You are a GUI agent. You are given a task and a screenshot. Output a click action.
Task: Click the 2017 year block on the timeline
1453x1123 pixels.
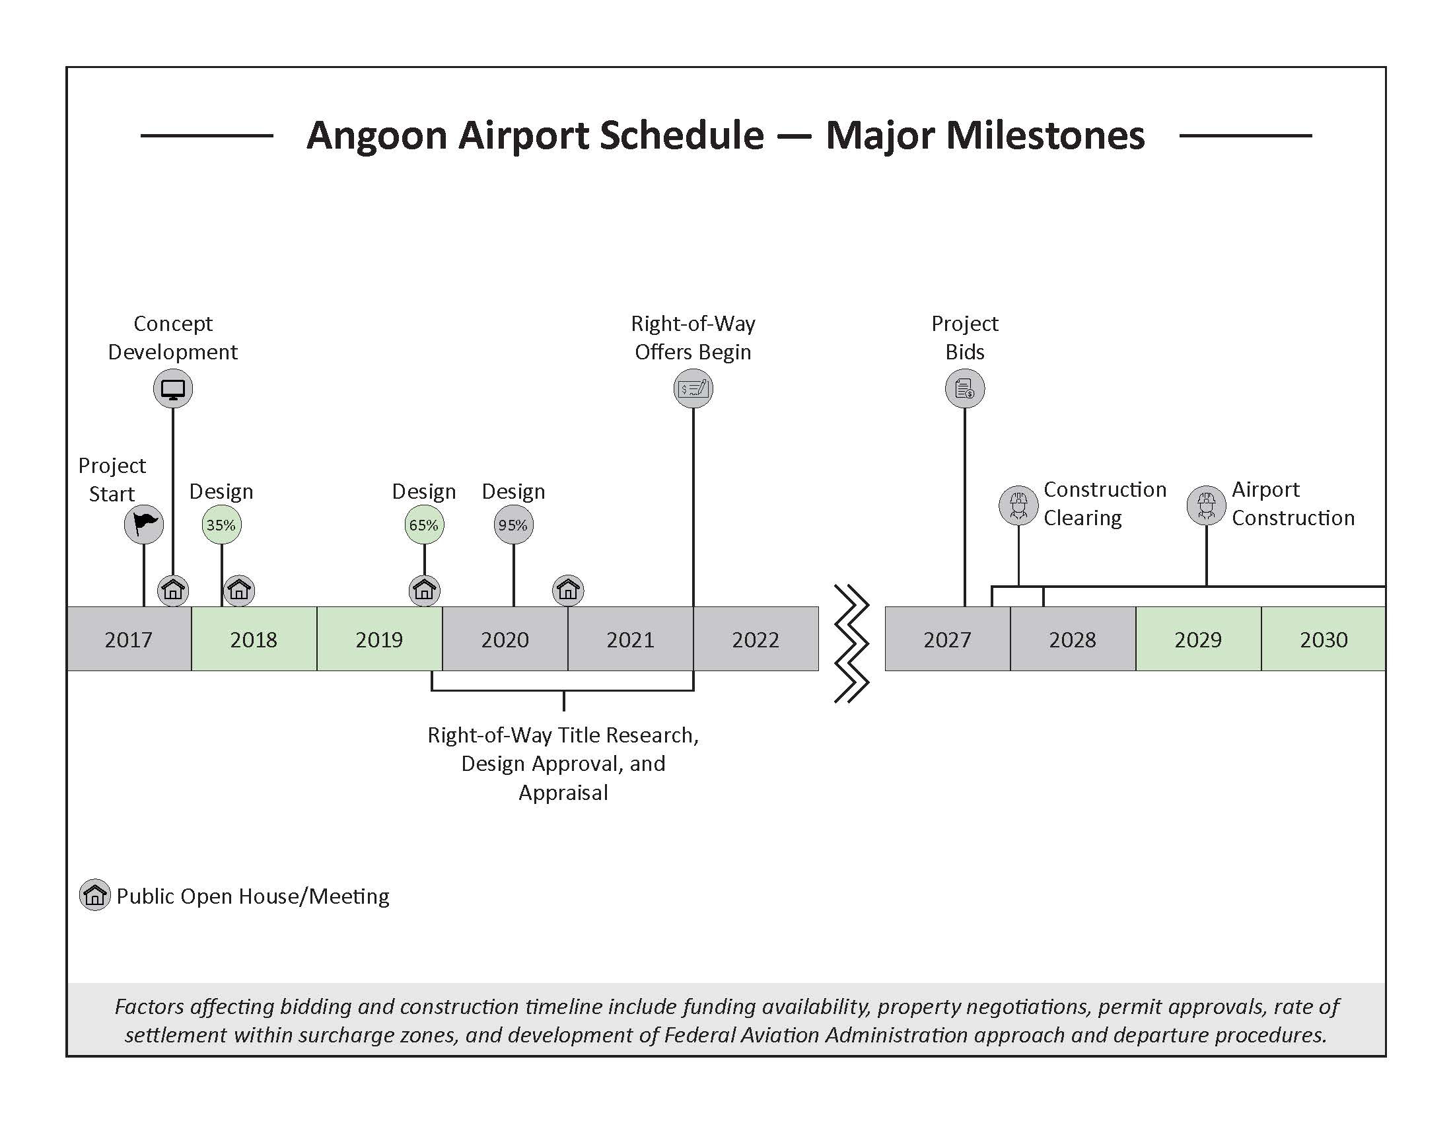pos(128,639)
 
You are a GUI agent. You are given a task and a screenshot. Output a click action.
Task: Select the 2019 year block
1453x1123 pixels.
pos(379,639)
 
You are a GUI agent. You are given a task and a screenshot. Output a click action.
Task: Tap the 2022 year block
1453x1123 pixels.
pos(755,639)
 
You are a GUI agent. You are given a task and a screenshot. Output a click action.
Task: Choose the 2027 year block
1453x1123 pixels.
pos(946,639)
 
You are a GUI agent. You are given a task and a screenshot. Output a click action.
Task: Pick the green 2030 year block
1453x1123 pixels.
pos(1324,639)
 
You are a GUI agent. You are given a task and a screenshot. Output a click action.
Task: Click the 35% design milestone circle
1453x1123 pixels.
pos(221,525)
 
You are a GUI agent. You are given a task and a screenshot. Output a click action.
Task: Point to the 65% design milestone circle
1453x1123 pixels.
pos(424,525)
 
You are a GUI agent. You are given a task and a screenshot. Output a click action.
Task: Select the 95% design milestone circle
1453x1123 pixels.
pos(513,525)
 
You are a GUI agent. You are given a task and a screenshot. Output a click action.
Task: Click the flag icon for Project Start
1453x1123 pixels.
pos(144,525)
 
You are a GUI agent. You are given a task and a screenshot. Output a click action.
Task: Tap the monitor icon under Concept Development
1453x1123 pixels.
pos(173,388)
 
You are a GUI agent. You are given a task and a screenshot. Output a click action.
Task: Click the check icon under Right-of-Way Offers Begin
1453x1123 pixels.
pos(693,388)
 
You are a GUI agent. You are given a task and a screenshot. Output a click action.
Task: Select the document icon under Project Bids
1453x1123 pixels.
pos(965,388)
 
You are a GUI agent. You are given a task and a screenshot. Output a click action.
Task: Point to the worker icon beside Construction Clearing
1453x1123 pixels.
pos(1018,505)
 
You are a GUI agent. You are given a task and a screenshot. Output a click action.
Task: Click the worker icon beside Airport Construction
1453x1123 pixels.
pos(1206,505)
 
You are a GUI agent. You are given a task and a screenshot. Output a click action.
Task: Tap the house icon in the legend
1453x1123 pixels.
pos(94,895)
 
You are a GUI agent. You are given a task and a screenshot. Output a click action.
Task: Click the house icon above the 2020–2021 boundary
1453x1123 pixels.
pos(568,590)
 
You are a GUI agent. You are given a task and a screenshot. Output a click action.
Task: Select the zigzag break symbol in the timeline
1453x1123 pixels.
pos(851,643)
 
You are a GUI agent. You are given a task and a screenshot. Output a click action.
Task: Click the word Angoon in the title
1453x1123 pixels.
pos(376,135)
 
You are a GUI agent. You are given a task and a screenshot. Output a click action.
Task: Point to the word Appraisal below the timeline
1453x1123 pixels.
pos(563,792)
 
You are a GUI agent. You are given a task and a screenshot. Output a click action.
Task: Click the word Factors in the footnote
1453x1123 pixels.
pos(150,1006)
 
